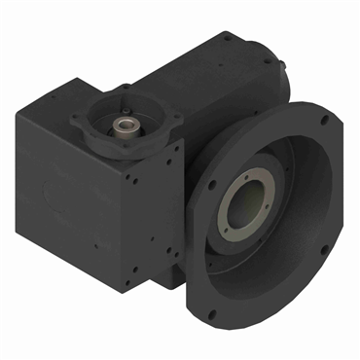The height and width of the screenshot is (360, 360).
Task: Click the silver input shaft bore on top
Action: pyautogui.click(x=126, y=126)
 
